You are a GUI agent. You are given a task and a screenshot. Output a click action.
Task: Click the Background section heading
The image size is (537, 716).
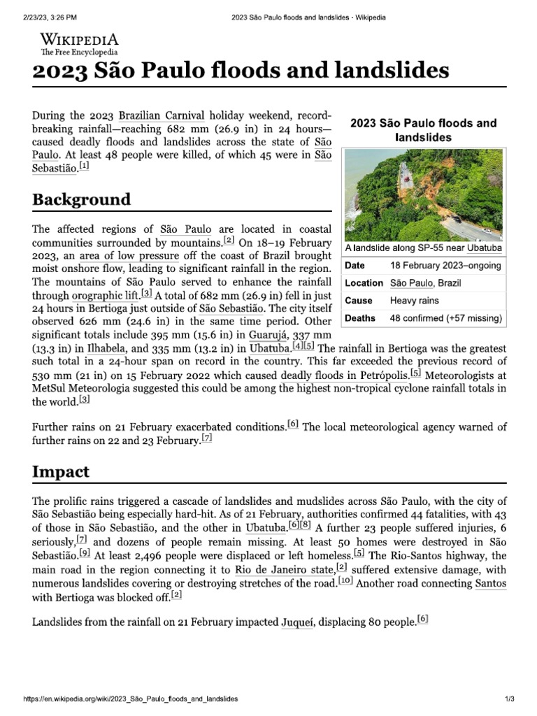(x=81, y=199)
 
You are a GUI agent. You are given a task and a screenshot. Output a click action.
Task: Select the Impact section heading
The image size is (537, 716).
(x=61, y=471)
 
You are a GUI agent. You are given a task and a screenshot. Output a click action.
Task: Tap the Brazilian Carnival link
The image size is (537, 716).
(x=162, y=115)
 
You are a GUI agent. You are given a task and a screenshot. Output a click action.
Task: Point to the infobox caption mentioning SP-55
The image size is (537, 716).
(x=423, y=248)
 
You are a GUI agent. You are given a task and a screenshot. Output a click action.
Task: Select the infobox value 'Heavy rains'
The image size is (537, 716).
(x=415, y=301)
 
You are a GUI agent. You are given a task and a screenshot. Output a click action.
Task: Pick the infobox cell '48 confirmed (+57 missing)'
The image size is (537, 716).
(x=445, y=318)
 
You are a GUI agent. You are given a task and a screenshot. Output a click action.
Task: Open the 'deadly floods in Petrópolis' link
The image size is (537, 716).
(x=344, y=375)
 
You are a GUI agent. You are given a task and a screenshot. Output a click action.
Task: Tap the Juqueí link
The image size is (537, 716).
(x=296, y=622)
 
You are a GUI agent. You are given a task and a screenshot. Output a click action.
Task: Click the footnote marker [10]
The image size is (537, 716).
(x=345, y=580)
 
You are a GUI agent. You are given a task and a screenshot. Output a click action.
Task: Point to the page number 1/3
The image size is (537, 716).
(x=509, y=699)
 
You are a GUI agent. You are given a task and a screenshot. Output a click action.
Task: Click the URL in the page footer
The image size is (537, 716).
(x=131, y=699)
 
